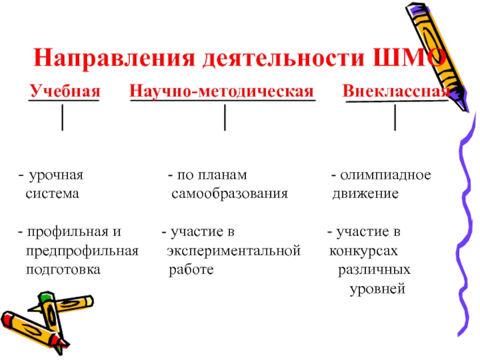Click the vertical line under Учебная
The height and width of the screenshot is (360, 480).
click(63, 117)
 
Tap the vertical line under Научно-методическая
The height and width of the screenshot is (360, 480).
click(224, 117)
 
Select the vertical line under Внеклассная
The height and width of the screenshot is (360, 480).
click(395, 117)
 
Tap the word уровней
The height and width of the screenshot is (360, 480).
click(378, 290)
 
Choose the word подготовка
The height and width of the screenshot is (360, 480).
click(62, 270)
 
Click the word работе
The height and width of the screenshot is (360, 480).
click(191, 270)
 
